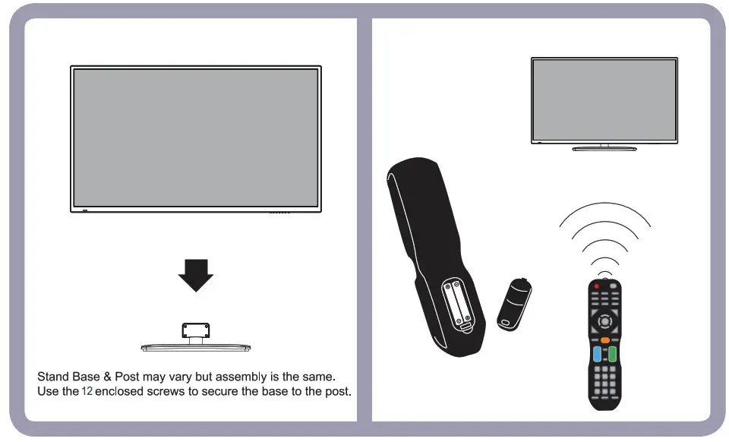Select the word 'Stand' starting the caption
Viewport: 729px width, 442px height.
click(x=52, y=377)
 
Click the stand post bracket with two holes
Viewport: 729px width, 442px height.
click(x=195, y=330)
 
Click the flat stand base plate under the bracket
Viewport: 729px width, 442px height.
click(x=195, y=347)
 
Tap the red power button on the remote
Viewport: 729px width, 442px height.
click(x=597, y=286)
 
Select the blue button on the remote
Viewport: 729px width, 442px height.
click(x=597, y=354)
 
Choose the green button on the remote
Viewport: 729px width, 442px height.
click(x=612, y=354)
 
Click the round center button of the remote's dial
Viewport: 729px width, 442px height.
click(x=604, y=320)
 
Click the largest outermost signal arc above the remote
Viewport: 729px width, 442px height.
click(x=604, y=210)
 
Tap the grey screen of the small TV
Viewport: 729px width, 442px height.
click(x=604, y=99)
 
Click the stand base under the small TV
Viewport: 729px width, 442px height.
click(x=604, y=149)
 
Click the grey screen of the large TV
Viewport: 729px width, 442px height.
click(x=195, y=137)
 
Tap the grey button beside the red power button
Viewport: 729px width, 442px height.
click(x=614, y=286)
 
